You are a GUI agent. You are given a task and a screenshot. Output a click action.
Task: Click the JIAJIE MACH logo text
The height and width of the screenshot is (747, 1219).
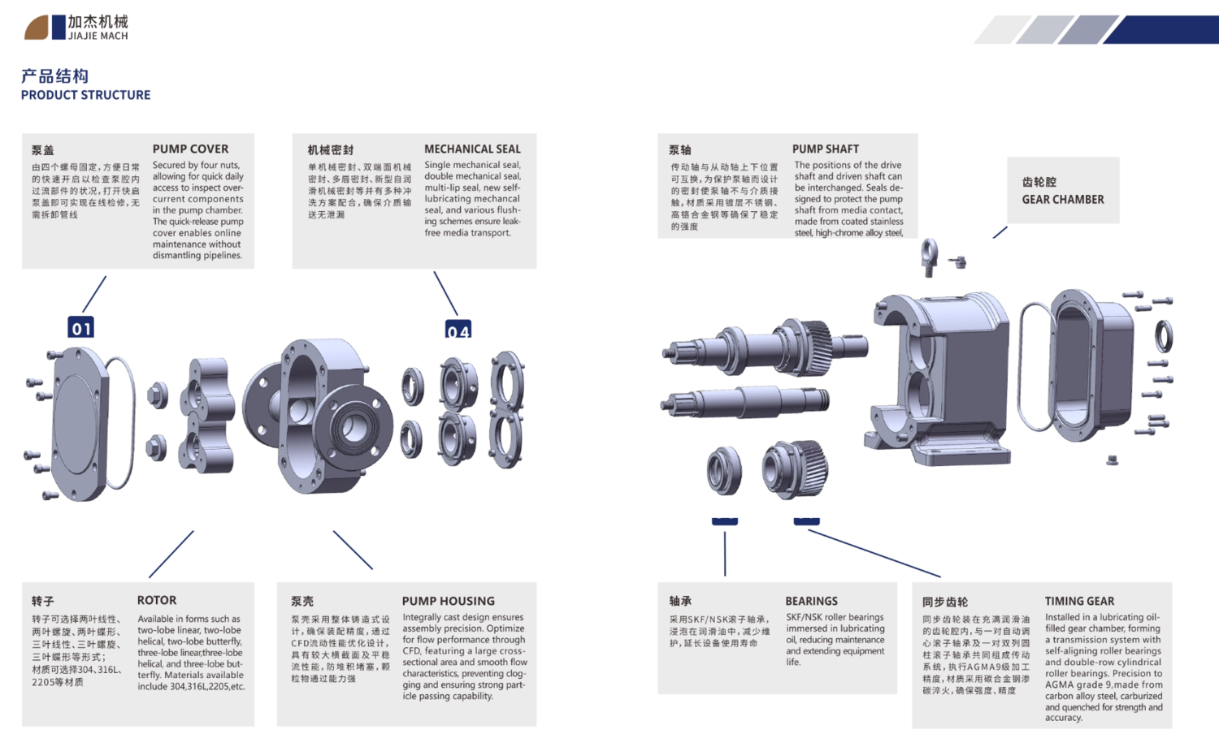(98, 36)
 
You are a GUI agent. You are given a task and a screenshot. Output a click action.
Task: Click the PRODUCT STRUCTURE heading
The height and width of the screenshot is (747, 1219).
(85, 95)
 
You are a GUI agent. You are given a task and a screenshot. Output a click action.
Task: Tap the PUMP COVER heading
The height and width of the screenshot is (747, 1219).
(190, 149)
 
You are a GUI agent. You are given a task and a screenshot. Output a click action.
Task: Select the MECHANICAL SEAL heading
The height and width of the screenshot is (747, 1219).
(472, 149)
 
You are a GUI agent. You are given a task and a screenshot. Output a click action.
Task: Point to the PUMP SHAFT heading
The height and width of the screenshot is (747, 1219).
(825, 149)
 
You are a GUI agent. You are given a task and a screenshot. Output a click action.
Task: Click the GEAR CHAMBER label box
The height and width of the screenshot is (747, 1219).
(1063, 191)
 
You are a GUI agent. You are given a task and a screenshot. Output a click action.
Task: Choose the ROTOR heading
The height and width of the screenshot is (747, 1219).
(157, 600)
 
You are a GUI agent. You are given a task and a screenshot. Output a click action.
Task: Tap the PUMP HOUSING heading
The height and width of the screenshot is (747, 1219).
(448, 601)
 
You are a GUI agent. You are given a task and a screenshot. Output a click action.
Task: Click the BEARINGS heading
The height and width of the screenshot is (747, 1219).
(811, 601)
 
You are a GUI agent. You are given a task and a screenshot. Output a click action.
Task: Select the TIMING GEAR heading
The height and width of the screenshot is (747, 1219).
(1079, 601)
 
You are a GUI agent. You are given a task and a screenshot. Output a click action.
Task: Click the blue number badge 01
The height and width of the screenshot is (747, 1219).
(81, 327)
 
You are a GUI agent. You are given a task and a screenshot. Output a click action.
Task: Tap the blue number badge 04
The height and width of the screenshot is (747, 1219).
(458, 330)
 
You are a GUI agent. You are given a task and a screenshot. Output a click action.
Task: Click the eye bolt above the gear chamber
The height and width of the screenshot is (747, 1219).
(930, 255)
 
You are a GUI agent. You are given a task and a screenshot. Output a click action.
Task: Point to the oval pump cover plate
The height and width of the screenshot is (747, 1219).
(78, 424)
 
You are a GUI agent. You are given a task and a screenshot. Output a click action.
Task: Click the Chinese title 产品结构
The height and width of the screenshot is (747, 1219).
(54, 76)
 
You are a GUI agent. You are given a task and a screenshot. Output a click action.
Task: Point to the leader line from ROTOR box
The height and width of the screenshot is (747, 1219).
(171, 555)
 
